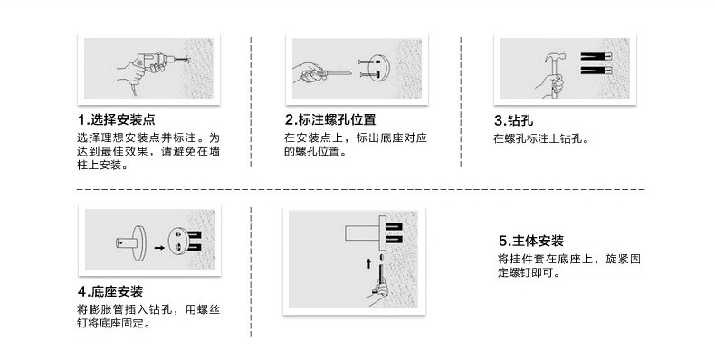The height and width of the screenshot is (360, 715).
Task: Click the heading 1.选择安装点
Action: tap(116, 119)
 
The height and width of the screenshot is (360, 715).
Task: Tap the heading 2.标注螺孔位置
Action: tap(330, 119)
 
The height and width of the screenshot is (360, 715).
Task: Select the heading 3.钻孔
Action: tap(513, 120)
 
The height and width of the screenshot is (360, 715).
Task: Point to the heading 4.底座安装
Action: tap(110, 291)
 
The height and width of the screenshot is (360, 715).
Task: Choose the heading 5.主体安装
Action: tap(531, 241)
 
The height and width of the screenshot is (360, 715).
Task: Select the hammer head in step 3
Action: tap(555, 58)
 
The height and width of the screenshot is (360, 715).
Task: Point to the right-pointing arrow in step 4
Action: tap(159, 248)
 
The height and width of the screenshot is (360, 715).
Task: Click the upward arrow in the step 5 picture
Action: tap(369, 263)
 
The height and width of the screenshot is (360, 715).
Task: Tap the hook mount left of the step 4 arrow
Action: tap(131, 243)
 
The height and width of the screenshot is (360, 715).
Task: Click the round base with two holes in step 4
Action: tap(177, 242)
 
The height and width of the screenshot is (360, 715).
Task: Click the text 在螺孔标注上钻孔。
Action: tap(542, 138)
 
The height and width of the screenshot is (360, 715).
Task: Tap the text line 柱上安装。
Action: tap(103, 165)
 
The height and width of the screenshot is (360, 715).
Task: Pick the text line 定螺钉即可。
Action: tap(529, 273)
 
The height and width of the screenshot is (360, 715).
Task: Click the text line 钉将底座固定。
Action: tap(114, 324)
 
